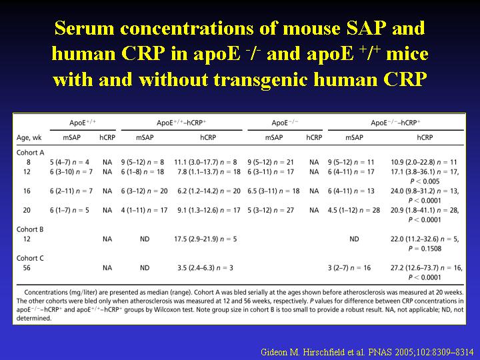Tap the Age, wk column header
click(x=29, y=138)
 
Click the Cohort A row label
click(x=30, y=153)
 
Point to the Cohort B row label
click(x=30, y=229)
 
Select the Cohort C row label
click(x=30, y=258)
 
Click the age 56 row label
click(x=27, y=268)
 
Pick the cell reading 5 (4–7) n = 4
click(x=70, y=162)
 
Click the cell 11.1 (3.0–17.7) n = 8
click(x=205, y=162)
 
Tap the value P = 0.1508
click(x=425, y=249)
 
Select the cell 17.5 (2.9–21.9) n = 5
click(x=205, y=239)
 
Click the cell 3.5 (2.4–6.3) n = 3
click(x=205, y=268)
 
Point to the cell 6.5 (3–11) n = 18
click(x=274, y=191)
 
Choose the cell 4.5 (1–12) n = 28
click(x=354, y=210)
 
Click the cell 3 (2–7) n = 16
click(x=349, y=268)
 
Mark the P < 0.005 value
click(x=425, y=181)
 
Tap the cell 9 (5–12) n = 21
click(x=271, y=162)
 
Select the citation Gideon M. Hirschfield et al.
click(x=313, y=352)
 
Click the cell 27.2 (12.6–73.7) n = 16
click(x=427, y=268)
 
